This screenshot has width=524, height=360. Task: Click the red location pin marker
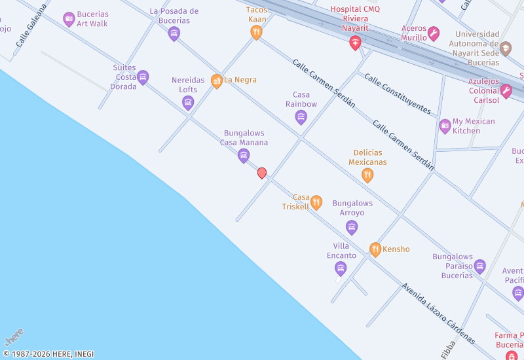click(x=262, y=173)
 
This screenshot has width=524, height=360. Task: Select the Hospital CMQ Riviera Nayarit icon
click(x=355, y=44)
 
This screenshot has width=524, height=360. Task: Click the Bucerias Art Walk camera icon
click(x=69, y=19)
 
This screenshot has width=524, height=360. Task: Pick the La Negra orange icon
click(x=217, y=81)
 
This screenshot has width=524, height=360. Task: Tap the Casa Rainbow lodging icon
click(x=301, y=117)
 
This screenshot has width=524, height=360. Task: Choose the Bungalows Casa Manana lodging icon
click(x=244, y=155)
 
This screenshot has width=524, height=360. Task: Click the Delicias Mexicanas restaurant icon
click(x=367, y=175)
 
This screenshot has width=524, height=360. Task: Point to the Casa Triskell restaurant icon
click(x=316, y=202)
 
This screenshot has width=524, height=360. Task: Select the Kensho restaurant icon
click(x=375, y=249)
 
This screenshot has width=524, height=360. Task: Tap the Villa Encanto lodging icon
click(x=341, y=268)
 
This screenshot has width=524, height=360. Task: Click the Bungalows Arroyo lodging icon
click(x=352, y=227)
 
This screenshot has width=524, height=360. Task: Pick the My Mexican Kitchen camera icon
click(x=445, y=126)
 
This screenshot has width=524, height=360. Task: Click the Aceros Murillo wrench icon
click(x=433, y=33)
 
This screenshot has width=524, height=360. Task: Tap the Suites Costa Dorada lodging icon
click(x=143, y=77)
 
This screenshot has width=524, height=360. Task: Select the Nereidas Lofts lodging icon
click(x=188, y=102)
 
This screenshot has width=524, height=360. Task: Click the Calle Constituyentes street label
click(x=397, y=93)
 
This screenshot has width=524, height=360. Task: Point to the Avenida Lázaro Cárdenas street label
click(x=438, y=314)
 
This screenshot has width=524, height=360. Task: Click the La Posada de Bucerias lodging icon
click(x=174, y=33)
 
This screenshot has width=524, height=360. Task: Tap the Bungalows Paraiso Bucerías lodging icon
click(x=480, y=266)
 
